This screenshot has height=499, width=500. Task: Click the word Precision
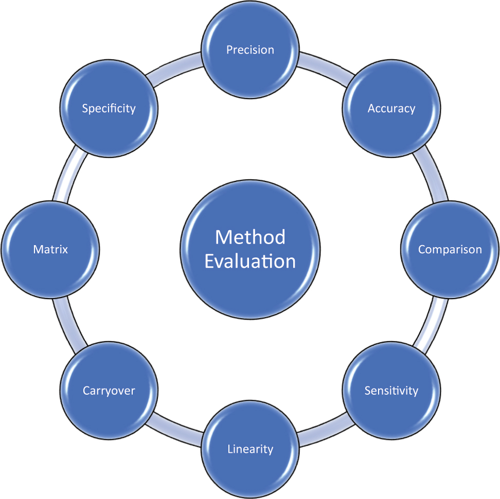(250, 50)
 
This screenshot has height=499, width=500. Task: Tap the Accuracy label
(391, 108)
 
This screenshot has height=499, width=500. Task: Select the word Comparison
(450, 250)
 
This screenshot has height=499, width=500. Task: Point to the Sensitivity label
(391, 391)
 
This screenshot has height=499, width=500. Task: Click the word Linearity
(250, 449)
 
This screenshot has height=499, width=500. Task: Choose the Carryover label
(109, 391)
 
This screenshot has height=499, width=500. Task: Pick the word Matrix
(50, 250)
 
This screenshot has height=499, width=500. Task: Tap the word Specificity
(109, 108)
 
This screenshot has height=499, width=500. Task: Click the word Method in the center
(250, 237)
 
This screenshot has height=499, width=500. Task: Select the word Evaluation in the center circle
(250, 261)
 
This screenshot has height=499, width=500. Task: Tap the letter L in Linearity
(229, 449)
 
